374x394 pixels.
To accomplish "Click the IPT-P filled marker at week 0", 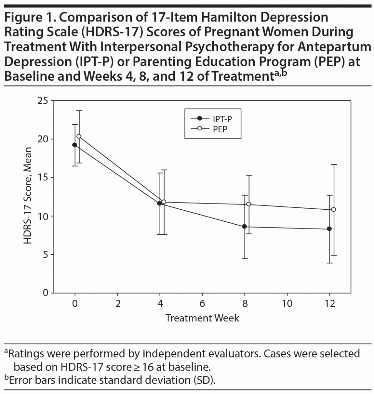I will (75, 145).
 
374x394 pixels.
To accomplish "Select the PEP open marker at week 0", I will (79, 136).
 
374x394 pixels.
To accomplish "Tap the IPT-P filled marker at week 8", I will (244, 227).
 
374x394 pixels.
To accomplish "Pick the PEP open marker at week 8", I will (249, 204).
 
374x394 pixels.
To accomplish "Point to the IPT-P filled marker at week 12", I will (329, 229).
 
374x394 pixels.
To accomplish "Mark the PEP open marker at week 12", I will (334, 209).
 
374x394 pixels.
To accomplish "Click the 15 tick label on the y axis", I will (43, 178).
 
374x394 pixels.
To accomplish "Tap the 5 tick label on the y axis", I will (45, 255).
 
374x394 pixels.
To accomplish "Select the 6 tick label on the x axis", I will (202, 304).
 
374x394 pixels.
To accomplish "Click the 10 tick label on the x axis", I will (287, 304).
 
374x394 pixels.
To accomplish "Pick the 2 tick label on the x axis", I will (117, 304).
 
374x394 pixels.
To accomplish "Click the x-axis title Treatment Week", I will (202, 318).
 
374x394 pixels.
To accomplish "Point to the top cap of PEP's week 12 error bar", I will (334, 164).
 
